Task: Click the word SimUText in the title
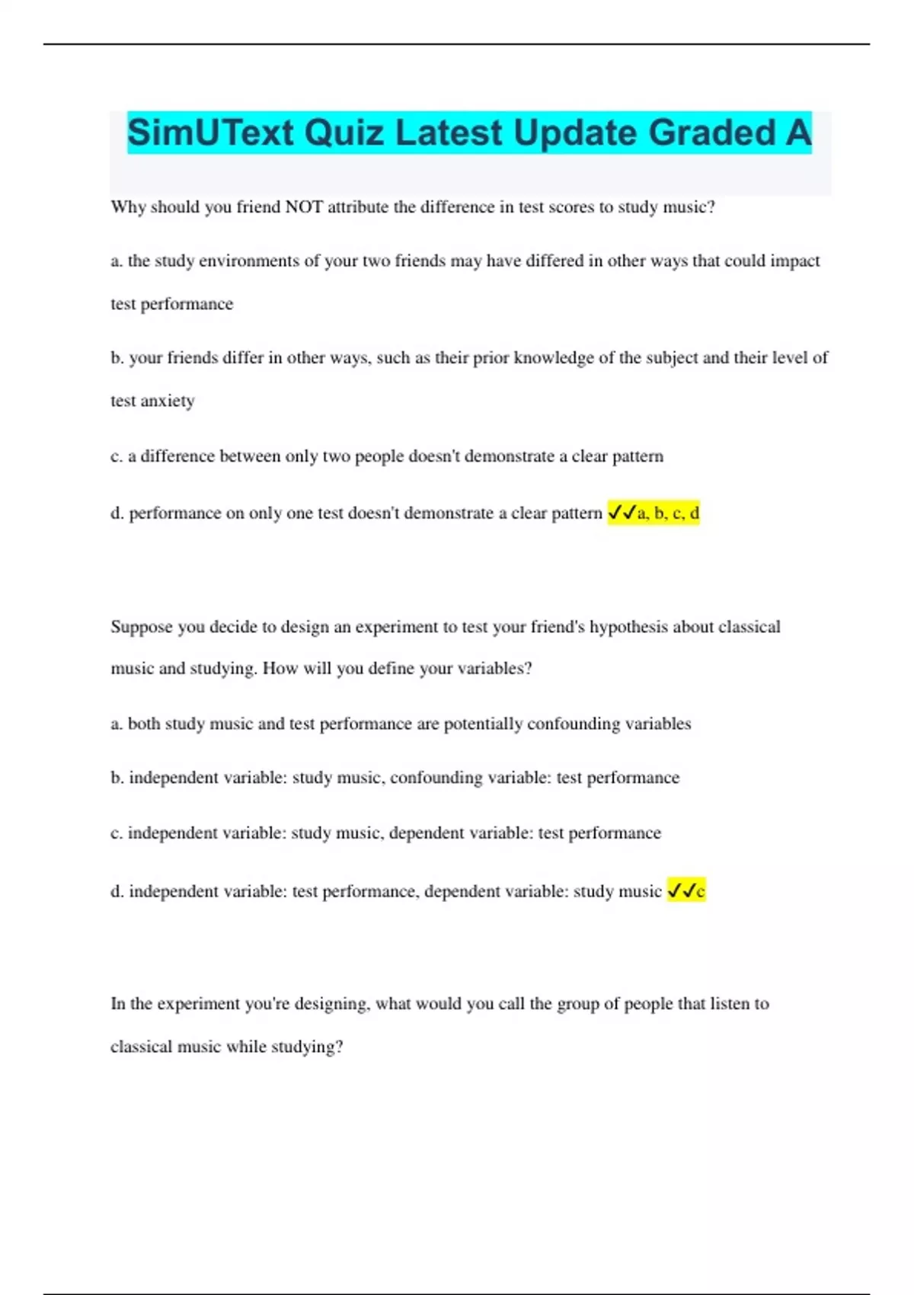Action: tap(210, 133)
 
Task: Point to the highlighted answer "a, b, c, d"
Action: tap(668, 513)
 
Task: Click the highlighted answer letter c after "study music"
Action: tap(700, 891)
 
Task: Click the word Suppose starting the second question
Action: tap(142, 627)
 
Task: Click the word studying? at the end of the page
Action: tap(307, 1047)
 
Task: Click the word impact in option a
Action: tap(795, 261)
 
